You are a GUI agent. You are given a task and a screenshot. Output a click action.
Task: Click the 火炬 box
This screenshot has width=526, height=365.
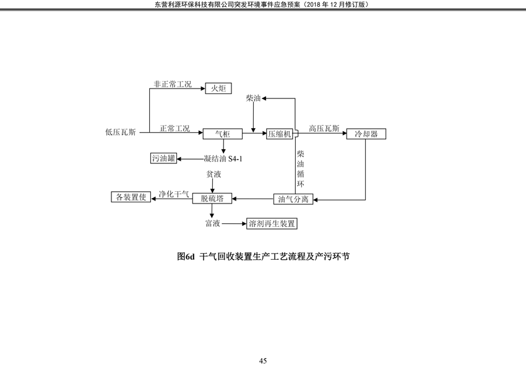pyautogui.click(x=218, y=88)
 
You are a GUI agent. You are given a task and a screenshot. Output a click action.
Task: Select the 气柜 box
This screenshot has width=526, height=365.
pyautogui.click(x=222, y=134)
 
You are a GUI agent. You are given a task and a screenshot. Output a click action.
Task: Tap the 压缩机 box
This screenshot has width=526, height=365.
pyautogui.click(x=280, y=134)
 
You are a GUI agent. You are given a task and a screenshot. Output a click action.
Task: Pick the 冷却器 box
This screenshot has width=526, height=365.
pyautogui.click(x=366, y=134)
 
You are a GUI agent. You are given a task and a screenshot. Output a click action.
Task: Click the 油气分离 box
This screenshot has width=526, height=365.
pyautogui.click(x=293, y=199)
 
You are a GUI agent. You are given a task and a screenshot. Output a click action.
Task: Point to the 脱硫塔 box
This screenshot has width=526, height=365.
pyautogui.click(x=212, y=198)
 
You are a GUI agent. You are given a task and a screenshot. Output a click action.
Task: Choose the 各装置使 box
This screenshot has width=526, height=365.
pyautogui.click(x=131, y=197)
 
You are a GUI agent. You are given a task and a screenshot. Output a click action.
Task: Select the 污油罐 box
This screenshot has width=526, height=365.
pyautogui.click(x=164, y=158)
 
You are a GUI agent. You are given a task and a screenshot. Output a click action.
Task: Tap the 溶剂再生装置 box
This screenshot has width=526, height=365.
pyautogui.click(x=272, y=223)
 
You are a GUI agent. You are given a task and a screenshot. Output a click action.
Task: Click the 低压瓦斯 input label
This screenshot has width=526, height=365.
pyautogui.click(x=121, y=132)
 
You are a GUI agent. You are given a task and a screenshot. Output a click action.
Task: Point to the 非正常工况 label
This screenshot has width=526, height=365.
pyautogui.click(x=173, y=84)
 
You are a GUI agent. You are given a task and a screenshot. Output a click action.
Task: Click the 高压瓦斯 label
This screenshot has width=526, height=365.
pyautogui.click(x=324, y=129)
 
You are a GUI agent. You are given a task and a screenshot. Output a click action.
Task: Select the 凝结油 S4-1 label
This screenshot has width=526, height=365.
pyautogui.click(x=223, y=158)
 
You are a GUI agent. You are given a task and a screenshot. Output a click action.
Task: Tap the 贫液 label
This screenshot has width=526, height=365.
pyautogui.click(x=213, y=174)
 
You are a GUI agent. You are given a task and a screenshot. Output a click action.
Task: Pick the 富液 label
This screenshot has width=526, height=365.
pyautogui.click(x=213, y=223)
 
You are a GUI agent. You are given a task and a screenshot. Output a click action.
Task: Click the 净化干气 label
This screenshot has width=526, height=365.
pyautogui.click(x=174, y=194)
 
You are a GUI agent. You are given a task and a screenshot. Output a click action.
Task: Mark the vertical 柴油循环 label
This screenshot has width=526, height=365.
pyautogui.click(x=301, y=169)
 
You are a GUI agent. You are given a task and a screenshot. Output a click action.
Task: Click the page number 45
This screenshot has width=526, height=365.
pyautogui.click(x=263, y=361)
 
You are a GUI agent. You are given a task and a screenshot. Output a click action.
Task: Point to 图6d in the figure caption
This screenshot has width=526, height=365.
pyautogui.click(x=186, y=257)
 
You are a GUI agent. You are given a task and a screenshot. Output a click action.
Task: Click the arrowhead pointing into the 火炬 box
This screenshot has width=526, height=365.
pyautogui.click(x=203, y=88)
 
